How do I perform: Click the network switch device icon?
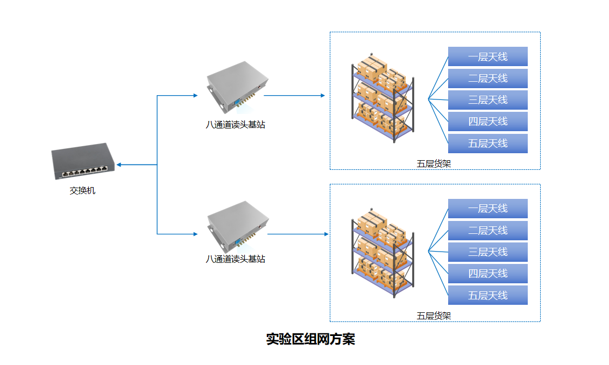coord(83,162)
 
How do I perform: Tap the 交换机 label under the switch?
coord(83,190)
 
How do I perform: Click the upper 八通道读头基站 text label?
coord(236,125)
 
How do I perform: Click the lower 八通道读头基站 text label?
coord(236,259)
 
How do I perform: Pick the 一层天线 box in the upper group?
coord(487,56)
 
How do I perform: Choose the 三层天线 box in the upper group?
coord(487,100)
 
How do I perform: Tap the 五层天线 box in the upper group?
coord(487,144)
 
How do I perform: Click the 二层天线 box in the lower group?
coord(487,231)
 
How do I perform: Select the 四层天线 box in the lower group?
coord(487,274)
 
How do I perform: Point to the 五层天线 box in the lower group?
coord(487,295)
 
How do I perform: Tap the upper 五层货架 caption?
coord(434,164)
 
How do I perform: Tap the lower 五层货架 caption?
coord(434,316)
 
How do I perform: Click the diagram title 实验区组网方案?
coord(310,339)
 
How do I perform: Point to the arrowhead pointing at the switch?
coord(119,164)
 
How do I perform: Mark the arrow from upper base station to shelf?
coord(294,96)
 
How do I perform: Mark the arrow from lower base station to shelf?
coord(298,234)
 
